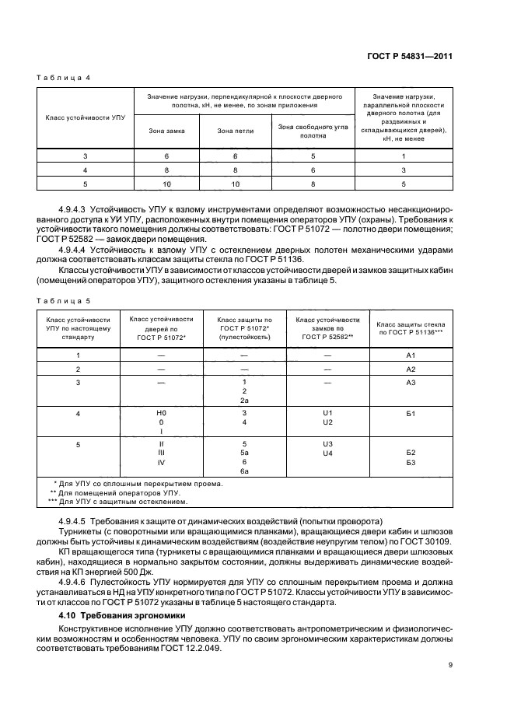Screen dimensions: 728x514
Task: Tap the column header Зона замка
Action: [x=166, y=131]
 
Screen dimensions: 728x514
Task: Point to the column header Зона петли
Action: [x=233, y=131]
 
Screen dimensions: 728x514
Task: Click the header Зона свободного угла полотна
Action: [x=313, y=131]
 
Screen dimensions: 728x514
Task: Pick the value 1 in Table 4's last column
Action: [x=404, y=156]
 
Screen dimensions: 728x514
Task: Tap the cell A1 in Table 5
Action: [x=411, y=354]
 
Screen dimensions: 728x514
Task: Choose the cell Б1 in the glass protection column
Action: [x=411, y=413]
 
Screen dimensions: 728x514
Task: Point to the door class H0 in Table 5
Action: [x=162, y=412]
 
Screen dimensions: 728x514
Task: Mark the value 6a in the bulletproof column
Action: [x=244, y=471]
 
